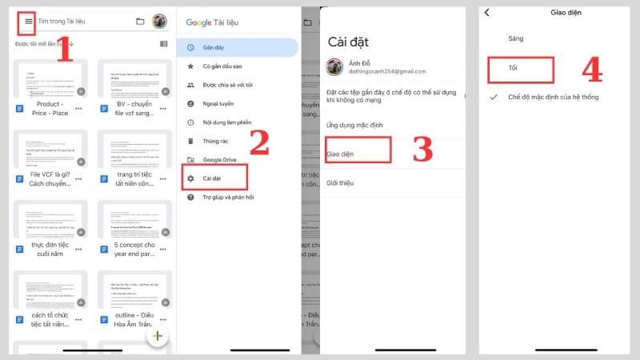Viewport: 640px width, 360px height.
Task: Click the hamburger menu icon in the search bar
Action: (x=27, y=21)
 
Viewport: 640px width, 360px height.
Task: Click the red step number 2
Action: (x=259, y=142)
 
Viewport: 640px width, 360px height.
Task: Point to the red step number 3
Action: (x=422, y=149)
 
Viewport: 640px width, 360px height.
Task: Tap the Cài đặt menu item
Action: (x=212, y=177)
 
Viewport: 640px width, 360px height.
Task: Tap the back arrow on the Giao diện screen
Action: (x=487, y=12)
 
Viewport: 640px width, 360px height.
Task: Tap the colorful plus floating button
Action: (x=158, y=337)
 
